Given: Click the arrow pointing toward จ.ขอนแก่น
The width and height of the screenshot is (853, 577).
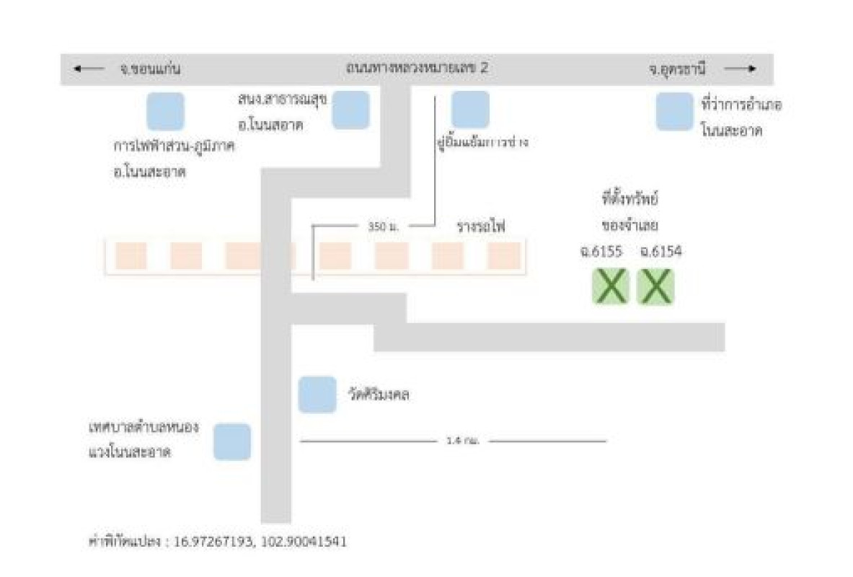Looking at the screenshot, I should tap(89, 69).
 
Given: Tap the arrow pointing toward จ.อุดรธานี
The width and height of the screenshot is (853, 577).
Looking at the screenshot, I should tap(740, 69).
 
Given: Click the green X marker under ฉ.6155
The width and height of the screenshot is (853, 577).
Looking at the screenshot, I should tap(611, 286).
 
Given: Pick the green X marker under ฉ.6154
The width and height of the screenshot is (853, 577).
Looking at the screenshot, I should tap(655, 286).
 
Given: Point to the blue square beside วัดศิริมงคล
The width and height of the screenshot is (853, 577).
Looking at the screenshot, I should tap(317, 395).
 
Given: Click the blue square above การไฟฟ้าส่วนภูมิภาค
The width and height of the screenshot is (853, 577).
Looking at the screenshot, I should tap(165, 111).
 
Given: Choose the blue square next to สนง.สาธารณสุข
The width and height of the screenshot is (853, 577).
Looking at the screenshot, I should tap(350, 110).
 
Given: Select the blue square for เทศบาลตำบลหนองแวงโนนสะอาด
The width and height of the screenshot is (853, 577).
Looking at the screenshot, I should tap(232, 442).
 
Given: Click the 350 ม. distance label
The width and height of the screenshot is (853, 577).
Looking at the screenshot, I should tap(384, 226).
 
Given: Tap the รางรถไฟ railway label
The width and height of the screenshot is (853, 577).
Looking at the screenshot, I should tap(481, 226).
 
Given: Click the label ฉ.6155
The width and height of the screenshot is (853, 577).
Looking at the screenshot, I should tap(601, 252).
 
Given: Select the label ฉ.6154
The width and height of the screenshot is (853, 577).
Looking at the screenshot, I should tap(660, 252).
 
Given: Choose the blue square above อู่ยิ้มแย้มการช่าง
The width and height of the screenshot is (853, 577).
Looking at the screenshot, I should tap(470, 109).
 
